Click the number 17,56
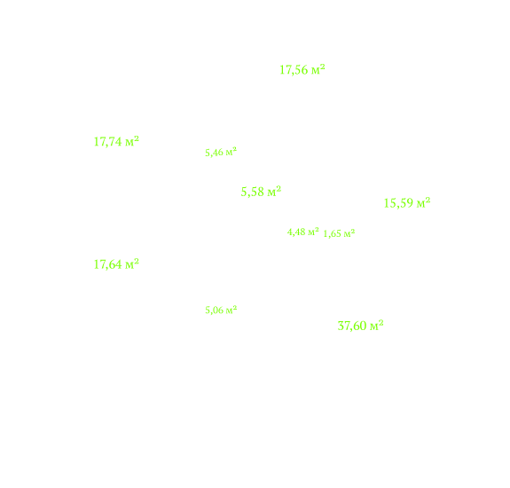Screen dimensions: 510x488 tap(294, 70)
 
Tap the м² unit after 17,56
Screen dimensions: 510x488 tap(318, 69)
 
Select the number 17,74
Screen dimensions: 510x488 tap(107, 142)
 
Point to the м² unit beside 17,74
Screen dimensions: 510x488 tap(132, 141)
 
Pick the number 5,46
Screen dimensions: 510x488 tap(214, 153)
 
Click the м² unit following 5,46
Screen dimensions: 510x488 tap(231, 152)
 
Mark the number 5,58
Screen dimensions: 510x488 tap(253, 193)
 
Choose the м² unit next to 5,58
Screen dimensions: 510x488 tap(274, 192)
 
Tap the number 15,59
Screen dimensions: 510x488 tap(399, 203)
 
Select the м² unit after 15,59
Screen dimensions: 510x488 tap(424, 202)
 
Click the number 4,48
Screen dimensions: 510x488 tap(296, 232)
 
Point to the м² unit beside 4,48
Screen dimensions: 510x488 tap(314, 232)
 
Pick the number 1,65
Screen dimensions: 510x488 tap(332, 234)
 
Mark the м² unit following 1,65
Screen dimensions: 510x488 tap(349, 233)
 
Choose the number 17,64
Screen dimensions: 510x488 tap(107, 264)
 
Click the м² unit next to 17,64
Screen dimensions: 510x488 tap(132, 264)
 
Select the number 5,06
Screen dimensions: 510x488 tap(214, 311)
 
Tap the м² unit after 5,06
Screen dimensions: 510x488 tap(231, 310)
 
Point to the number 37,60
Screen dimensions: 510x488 tap(352, 326)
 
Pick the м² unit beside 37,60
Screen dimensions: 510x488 tap(377, 326)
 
